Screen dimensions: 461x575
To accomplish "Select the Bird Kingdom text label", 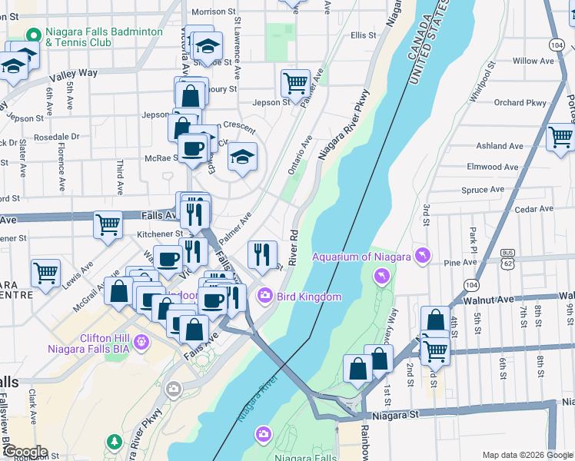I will tap(309, 296).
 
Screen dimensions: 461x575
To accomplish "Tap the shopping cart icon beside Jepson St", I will tap(294, 81).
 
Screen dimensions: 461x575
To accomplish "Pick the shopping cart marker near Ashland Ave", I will tap(560, 137).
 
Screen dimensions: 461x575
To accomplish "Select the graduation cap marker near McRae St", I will tap(242, 158).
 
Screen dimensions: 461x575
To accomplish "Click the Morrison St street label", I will tap(213, 12).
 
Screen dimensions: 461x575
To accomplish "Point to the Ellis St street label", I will tap(363, 35).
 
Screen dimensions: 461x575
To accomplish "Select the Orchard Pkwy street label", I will tap(520, 102).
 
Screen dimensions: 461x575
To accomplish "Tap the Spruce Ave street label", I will tap(482, 189).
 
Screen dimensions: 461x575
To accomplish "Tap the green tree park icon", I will tap(115, 441).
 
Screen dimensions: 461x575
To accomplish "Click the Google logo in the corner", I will tap(25, 452).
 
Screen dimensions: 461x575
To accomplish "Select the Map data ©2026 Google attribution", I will tap(527, 455).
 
